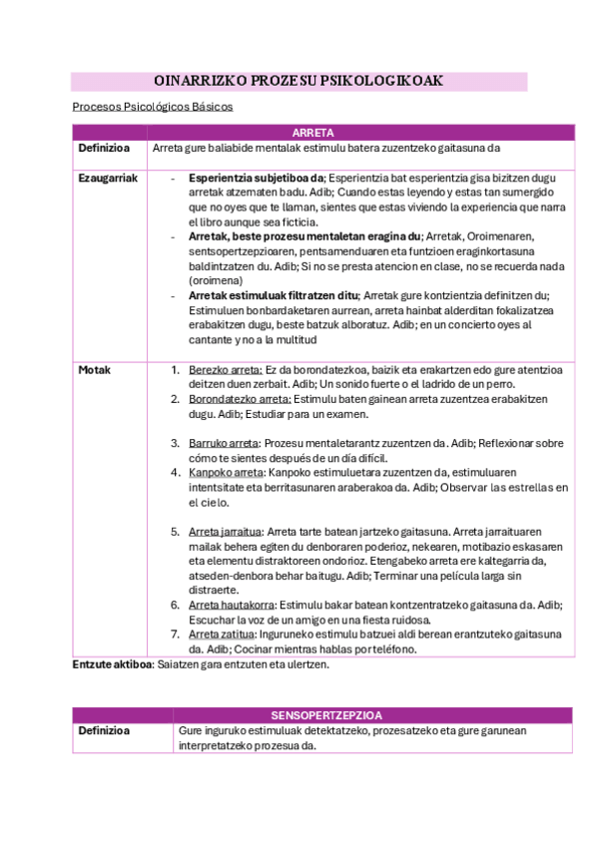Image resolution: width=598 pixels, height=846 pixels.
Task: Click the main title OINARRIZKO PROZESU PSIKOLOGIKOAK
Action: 299,81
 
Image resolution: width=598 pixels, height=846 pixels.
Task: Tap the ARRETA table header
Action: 312,132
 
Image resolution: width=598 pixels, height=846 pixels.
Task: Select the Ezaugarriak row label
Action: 108,178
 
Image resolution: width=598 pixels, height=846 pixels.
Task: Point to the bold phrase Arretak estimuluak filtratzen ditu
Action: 273,295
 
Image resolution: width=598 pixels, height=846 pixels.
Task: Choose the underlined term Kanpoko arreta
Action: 225,472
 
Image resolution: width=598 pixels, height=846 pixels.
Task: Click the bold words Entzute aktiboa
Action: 111,664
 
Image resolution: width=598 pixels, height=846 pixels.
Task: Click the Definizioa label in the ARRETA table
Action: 105,149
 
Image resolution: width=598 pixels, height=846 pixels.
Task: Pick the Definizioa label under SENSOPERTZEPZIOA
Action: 105,731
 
